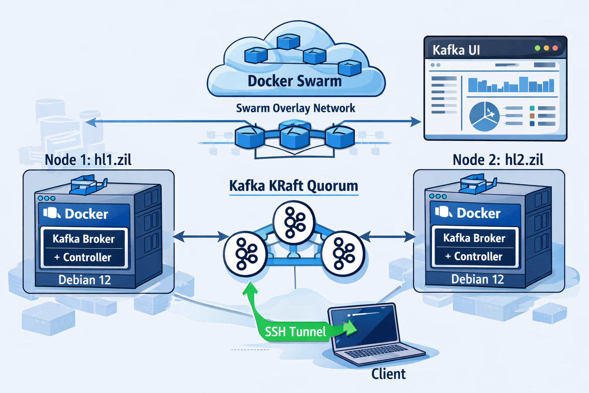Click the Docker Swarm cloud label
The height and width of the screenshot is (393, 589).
point(294,81)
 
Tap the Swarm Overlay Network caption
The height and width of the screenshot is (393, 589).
point(295,108)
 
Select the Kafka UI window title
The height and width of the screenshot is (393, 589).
point(456,50)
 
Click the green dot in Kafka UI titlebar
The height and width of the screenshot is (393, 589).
point(537,48)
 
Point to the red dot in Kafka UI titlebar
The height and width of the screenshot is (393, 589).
point(555,48)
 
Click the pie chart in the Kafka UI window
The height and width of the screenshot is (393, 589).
point(484,116)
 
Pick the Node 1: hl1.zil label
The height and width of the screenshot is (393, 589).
point(88,160)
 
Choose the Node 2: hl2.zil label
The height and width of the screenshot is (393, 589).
point(498,160)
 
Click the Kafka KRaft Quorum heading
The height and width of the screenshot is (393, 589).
point(293,186)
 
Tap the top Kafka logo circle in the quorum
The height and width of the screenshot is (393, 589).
point(294,223)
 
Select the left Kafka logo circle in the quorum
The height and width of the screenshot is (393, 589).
point(245,254)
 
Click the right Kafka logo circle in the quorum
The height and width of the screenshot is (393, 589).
point(343,254)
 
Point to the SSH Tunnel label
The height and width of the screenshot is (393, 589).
point(295,331)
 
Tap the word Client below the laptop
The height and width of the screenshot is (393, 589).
point(388,374)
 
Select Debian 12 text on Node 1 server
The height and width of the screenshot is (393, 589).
point(84,280)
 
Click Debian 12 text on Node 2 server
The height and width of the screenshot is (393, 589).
point(477,279)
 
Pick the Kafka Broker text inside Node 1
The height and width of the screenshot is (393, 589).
point(84,239)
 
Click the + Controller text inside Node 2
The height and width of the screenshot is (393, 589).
point(474,256)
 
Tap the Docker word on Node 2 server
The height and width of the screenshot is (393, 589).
point(478,213)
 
